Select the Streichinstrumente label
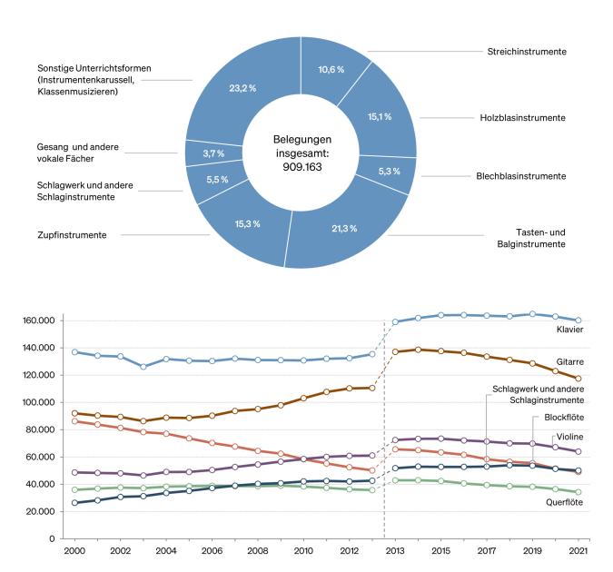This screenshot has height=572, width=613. coord(527,53)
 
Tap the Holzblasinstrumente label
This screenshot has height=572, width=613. coord(522,117)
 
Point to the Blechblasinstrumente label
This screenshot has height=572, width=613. coord(521,176)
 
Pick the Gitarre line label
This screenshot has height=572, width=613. coord(569,361)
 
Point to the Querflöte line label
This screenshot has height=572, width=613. coord(563,502)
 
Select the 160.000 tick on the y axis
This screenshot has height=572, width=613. coord(39,321)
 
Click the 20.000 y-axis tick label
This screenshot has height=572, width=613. coord(41,511)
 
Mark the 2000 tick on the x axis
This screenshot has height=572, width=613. coord(74,551)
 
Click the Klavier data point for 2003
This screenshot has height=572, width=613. coord(143,367)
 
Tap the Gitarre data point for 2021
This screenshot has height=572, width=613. coord(578,379)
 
